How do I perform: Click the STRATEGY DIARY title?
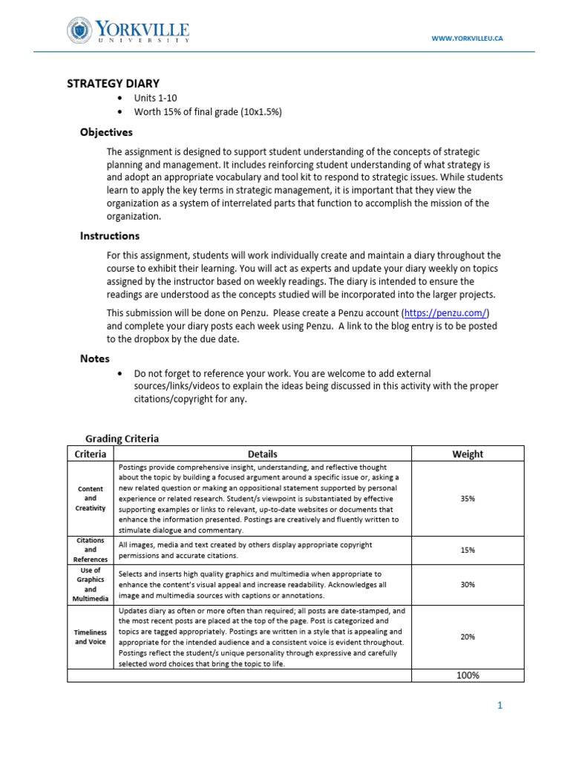[x=114, y=84]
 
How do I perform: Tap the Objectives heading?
[x=106, y=132]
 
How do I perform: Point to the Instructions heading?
[x=109, y=236]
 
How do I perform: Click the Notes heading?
[x=95, y=358]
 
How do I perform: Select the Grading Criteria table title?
[x=122, y=439]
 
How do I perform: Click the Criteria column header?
[x=91, y=453]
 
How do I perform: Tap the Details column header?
[x=262, y=453]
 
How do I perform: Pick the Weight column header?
[x=467, y=453]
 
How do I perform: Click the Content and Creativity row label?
[x=91, y=499]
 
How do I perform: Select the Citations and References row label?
[x=91, y=550]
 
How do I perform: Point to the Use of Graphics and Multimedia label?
[x=91, y=584]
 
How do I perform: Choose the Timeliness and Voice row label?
[x=91, y=636]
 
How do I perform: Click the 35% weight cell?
[x=467, y=499]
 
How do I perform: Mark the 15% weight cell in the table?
[x=467, y=550]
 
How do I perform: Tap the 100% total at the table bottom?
[x=467, y=675]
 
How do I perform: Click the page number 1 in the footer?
[x=499, y=706]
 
